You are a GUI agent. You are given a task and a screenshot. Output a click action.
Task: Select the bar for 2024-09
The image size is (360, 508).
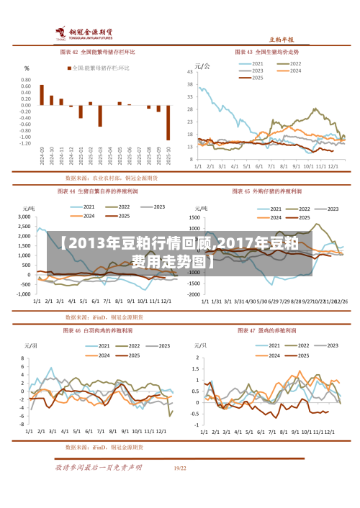coord(42,95)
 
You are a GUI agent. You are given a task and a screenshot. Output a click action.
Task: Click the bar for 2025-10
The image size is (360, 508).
coord(168,122)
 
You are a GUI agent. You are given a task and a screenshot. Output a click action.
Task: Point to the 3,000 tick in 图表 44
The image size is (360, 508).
coord(23,217)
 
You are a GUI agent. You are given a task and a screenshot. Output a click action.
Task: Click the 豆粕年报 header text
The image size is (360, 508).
coord(282,40)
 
